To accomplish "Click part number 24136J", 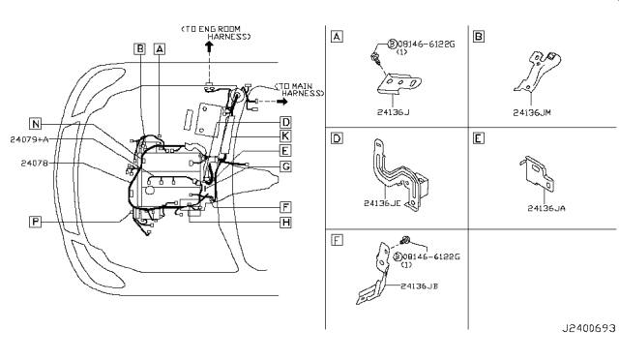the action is [393, 112].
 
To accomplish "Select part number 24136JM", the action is [532, 113].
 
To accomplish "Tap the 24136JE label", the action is [382, 203].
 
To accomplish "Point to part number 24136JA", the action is [546, 208].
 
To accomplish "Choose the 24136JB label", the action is [419, 286].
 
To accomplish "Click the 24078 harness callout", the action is [35, 163].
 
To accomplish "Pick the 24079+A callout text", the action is [29, 139].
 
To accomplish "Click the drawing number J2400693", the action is [589, 328].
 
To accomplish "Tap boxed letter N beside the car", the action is [36, 124].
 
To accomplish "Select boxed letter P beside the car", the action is [35, 222].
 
